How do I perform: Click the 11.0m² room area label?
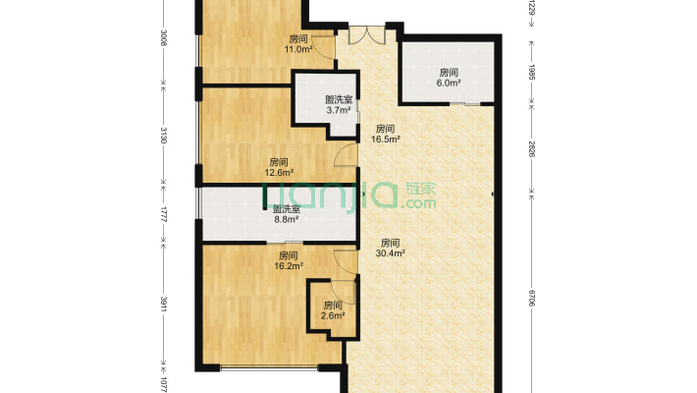click(x=298, y=44)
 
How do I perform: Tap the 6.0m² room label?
click(x=449, y=78)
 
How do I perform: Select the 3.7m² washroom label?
click(x=339, y=104)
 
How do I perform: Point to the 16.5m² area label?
click(x=386, y=134)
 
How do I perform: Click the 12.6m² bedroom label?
click(x=279, y=167)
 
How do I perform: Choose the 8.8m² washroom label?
click(x=286, y=213)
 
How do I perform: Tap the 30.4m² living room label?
click(x=390, y=249)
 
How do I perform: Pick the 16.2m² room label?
click(x=289, y=261)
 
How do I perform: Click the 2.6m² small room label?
click(x=333, y=310)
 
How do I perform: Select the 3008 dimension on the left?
click(x=163, y=38)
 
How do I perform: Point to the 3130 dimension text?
click(x=163, y=135)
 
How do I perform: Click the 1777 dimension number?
click(x=163, y=215)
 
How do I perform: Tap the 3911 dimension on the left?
click(x=163, y=305)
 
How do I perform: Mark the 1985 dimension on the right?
click(x=532, y=72)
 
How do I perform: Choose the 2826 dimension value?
click(x=532, y=149)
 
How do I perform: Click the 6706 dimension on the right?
click(x=532, y=298)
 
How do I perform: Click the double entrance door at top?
click(x=367, y=35)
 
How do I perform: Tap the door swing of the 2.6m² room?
click(x=344, y=293)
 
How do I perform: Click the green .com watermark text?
click(x=418, y=203)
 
